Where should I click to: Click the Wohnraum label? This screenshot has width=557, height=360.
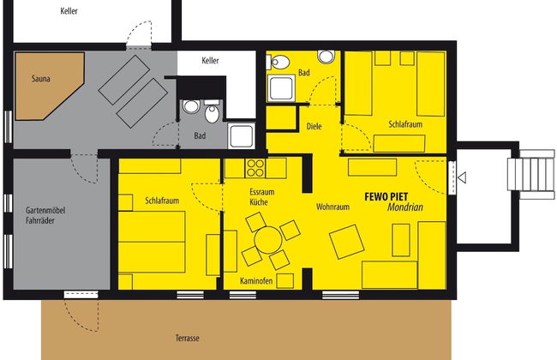coord(334,207)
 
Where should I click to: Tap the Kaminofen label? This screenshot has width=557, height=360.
coord(256,281)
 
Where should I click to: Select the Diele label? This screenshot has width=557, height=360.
coord(314,127)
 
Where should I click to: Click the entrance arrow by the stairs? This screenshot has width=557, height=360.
coord(461,178)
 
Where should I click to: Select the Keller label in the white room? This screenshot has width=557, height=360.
coord(211,62)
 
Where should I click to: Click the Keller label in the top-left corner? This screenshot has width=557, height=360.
coord(70,11)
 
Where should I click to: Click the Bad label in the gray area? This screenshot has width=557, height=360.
coord(200,135)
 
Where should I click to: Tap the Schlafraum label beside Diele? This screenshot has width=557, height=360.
coord(405,125)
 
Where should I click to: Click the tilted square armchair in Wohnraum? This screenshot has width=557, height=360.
coord(347,242)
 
